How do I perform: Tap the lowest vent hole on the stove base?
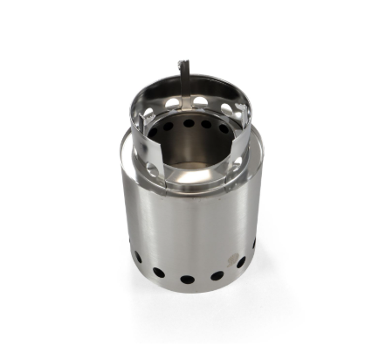(x=188, y=280)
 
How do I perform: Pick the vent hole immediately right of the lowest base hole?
(x=217, y=275)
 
